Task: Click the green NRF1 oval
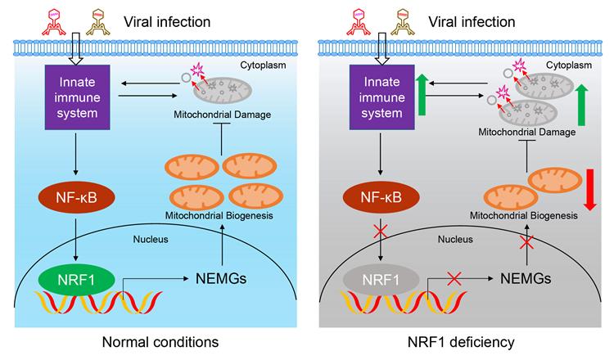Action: [x=76, y=280]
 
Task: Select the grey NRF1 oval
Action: [x=381, y=280]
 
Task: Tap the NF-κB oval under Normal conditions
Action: [x=76, y=197]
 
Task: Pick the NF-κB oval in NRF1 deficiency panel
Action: [x=381, y=197]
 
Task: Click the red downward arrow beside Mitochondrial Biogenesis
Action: [x=589, y=189]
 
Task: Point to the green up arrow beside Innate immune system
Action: [x=422, y=95]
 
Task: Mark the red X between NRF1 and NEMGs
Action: [x=454, y=279]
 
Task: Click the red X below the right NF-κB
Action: [x=380, y=232]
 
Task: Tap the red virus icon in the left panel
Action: [x=54, y=23]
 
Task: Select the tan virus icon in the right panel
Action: [x=403, y=23]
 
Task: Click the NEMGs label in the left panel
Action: [x=221, y=279]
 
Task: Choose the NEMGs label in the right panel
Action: [x=526, y=279]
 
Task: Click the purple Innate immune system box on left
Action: [x=77, y=97]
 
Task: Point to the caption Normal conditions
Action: [x=160, y=342]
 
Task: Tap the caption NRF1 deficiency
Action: [x=461, y=342]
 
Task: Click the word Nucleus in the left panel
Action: [x=151, y=239]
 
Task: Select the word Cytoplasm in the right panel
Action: [x=569, y=65]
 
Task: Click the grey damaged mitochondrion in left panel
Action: [x=223, y=90]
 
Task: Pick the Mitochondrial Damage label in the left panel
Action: [x=223, y=115]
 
